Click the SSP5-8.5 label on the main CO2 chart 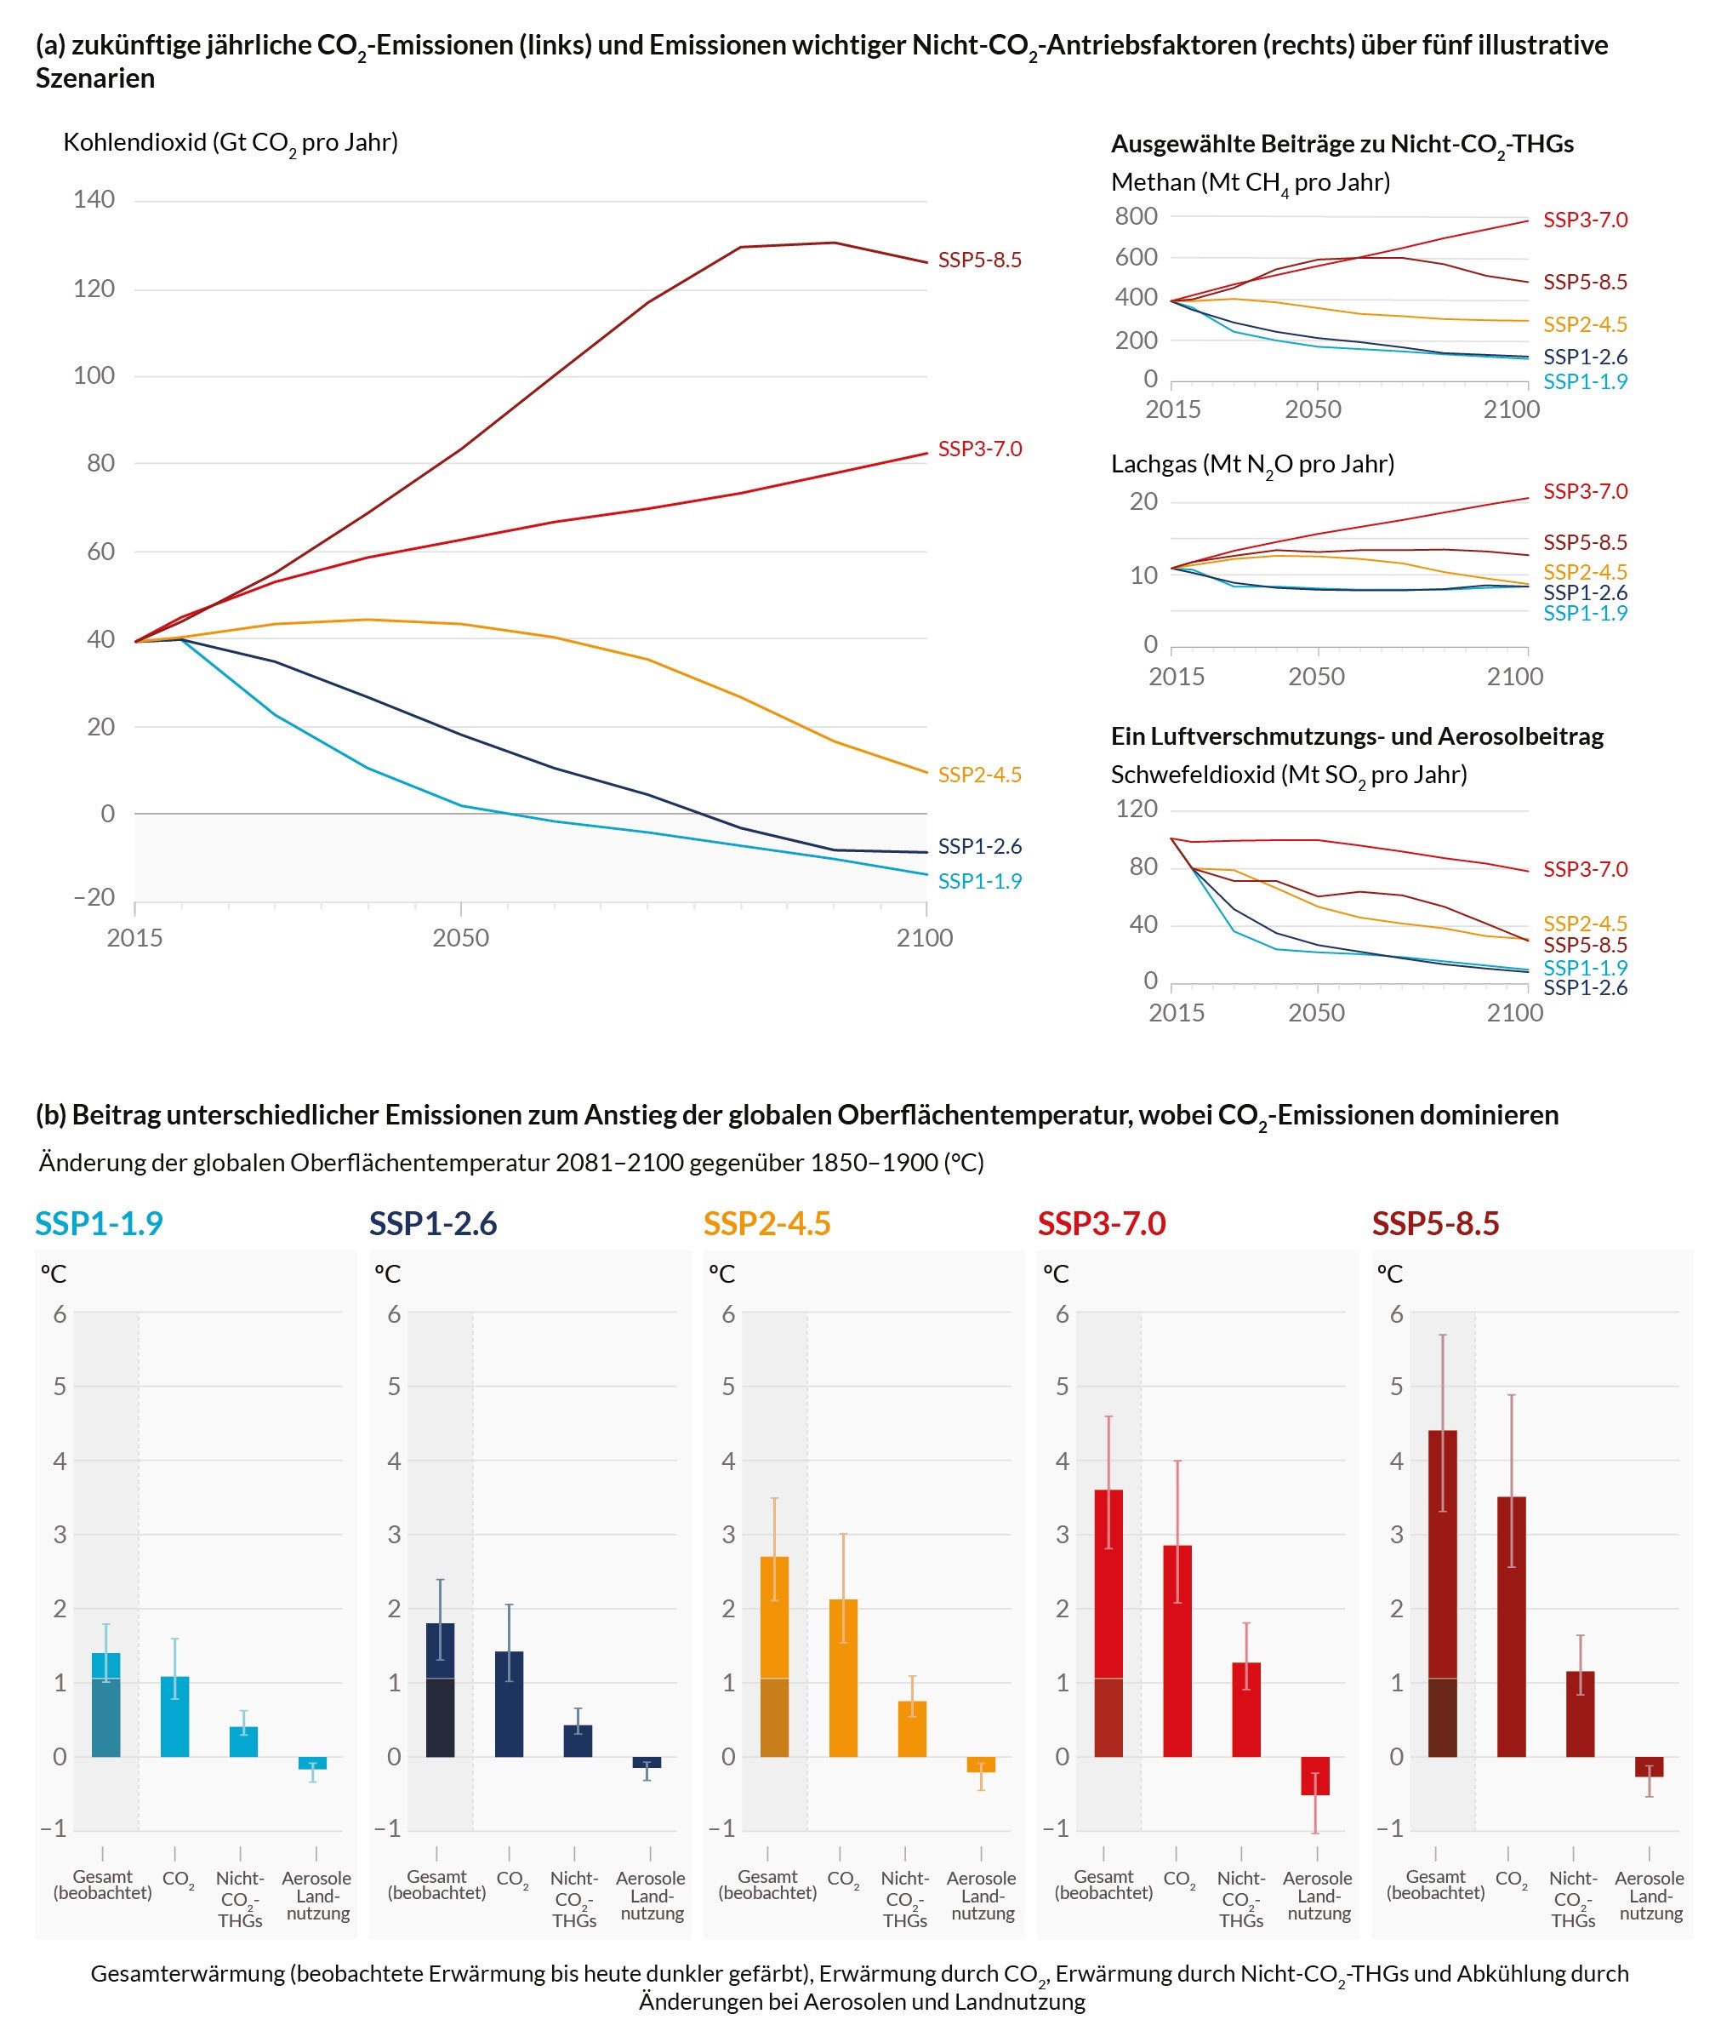point(979,260)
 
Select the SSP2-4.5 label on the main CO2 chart point(979,774)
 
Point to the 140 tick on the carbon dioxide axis point(94,199)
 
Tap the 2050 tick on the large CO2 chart point(460,938)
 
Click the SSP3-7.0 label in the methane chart point(1584,220)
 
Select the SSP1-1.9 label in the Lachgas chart point(1584,613)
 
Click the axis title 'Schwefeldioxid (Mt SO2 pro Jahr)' point(1288,775)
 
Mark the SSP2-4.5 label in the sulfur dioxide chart point(1584,924)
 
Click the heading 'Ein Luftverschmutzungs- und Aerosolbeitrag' point(1356,736)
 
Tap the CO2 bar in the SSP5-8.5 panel point(1510,1626)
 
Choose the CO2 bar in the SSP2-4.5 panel point(843,1678)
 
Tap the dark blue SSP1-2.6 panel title point(433,1224)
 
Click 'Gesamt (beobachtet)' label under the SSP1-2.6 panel point(436,1885)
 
